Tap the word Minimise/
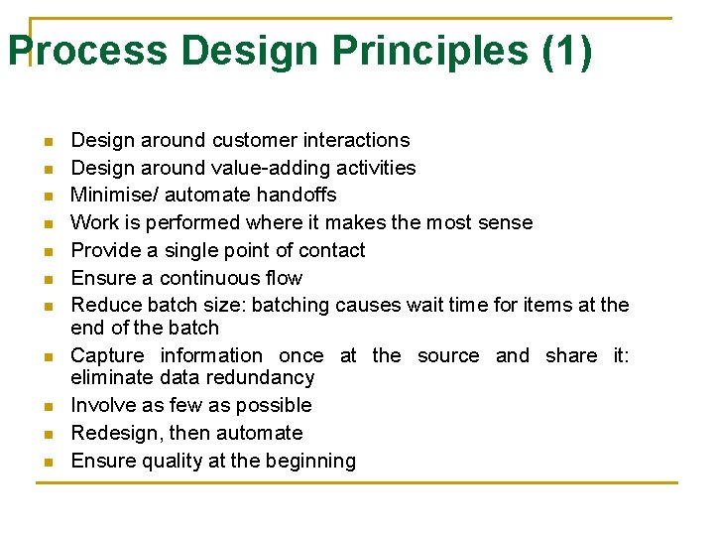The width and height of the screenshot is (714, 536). tap(112, 195)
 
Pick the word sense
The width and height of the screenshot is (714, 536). tap(507, 222)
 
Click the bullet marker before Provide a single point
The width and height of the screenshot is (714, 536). tap(46, 251)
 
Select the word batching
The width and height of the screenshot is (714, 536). tap(293, 305)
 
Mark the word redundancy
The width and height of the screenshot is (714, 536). tap(266, 377)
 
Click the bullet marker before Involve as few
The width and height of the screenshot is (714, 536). tap(46, 406)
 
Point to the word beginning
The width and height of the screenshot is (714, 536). tap(307, 461)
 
